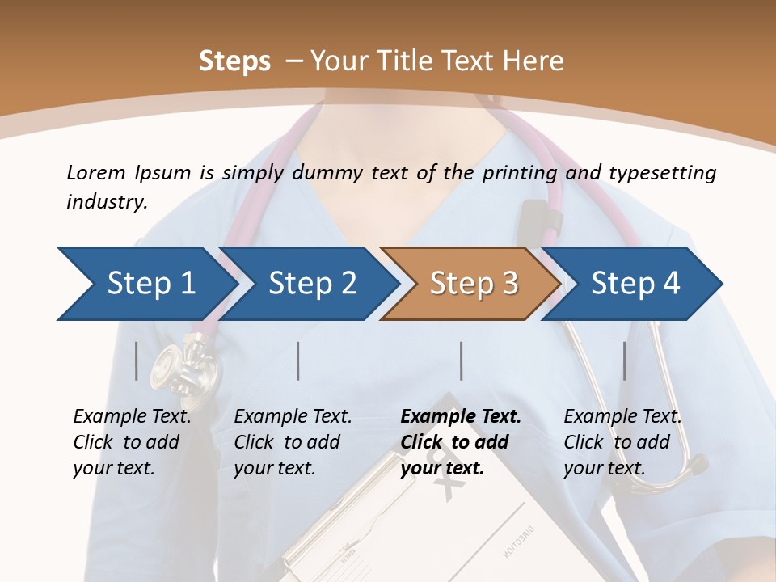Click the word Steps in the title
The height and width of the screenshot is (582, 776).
click(234, 61)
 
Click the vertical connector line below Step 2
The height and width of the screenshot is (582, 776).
click(298, 361)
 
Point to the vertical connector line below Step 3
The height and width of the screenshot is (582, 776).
click(462, 361)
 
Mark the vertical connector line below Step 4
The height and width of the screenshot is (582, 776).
click(624, 361)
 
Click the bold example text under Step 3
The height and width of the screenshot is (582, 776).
click(461, 442)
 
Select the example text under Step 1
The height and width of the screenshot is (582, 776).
click(132, 442)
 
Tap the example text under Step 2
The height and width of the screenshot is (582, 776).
click(293, 442)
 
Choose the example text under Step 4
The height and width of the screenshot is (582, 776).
click(622, 442)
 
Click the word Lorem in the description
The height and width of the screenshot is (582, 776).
click(96, 173)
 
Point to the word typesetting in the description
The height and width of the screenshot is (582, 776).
click(663, 173)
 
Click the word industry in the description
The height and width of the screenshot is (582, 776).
click(107, 202)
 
